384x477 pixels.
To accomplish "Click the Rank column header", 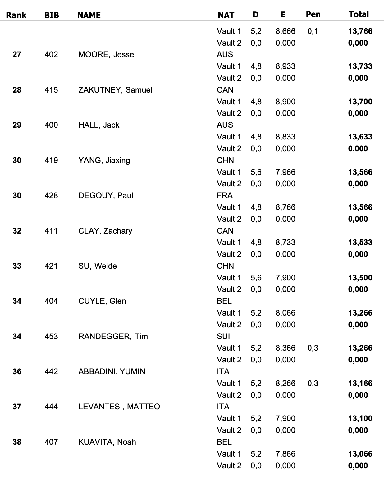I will [x=16, y=15].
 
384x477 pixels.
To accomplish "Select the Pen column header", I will [x=313, y=14].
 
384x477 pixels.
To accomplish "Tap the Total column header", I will [x=359, y=14].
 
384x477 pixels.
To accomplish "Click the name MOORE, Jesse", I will [x=106, y=54].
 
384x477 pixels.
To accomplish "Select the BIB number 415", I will [x=51, y=90].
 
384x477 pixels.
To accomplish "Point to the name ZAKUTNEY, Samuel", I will [x=115, y=90].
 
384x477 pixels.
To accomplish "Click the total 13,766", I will [x=360, y=31].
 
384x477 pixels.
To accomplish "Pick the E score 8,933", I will [x=285, y=66].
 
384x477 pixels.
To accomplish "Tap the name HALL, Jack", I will [x=99, y=125].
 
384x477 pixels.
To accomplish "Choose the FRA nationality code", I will [x=225, y=195].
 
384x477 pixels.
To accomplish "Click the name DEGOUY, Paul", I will [x=106, y=195].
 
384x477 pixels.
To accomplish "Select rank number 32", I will [x=17, y=231].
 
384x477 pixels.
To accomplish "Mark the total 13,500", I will [x=360, y=278].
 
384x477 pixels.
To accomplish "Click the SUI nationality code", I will [x=223, y=336].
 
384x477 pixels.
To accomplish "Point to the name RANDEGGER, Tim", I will [x=113, y=336].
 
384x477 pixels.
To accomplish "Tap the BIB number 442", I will [x=51, y=371].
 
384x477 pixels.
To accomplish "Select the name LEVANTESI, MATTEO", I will [x=119, y=407].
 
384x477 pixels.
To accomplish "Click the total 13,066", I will [x=360, y=454].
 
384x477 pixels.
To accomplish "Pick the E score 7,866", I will [x=285, y=454].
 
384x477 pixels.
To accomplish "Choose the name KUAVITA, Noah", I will [x=107, y=442].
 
